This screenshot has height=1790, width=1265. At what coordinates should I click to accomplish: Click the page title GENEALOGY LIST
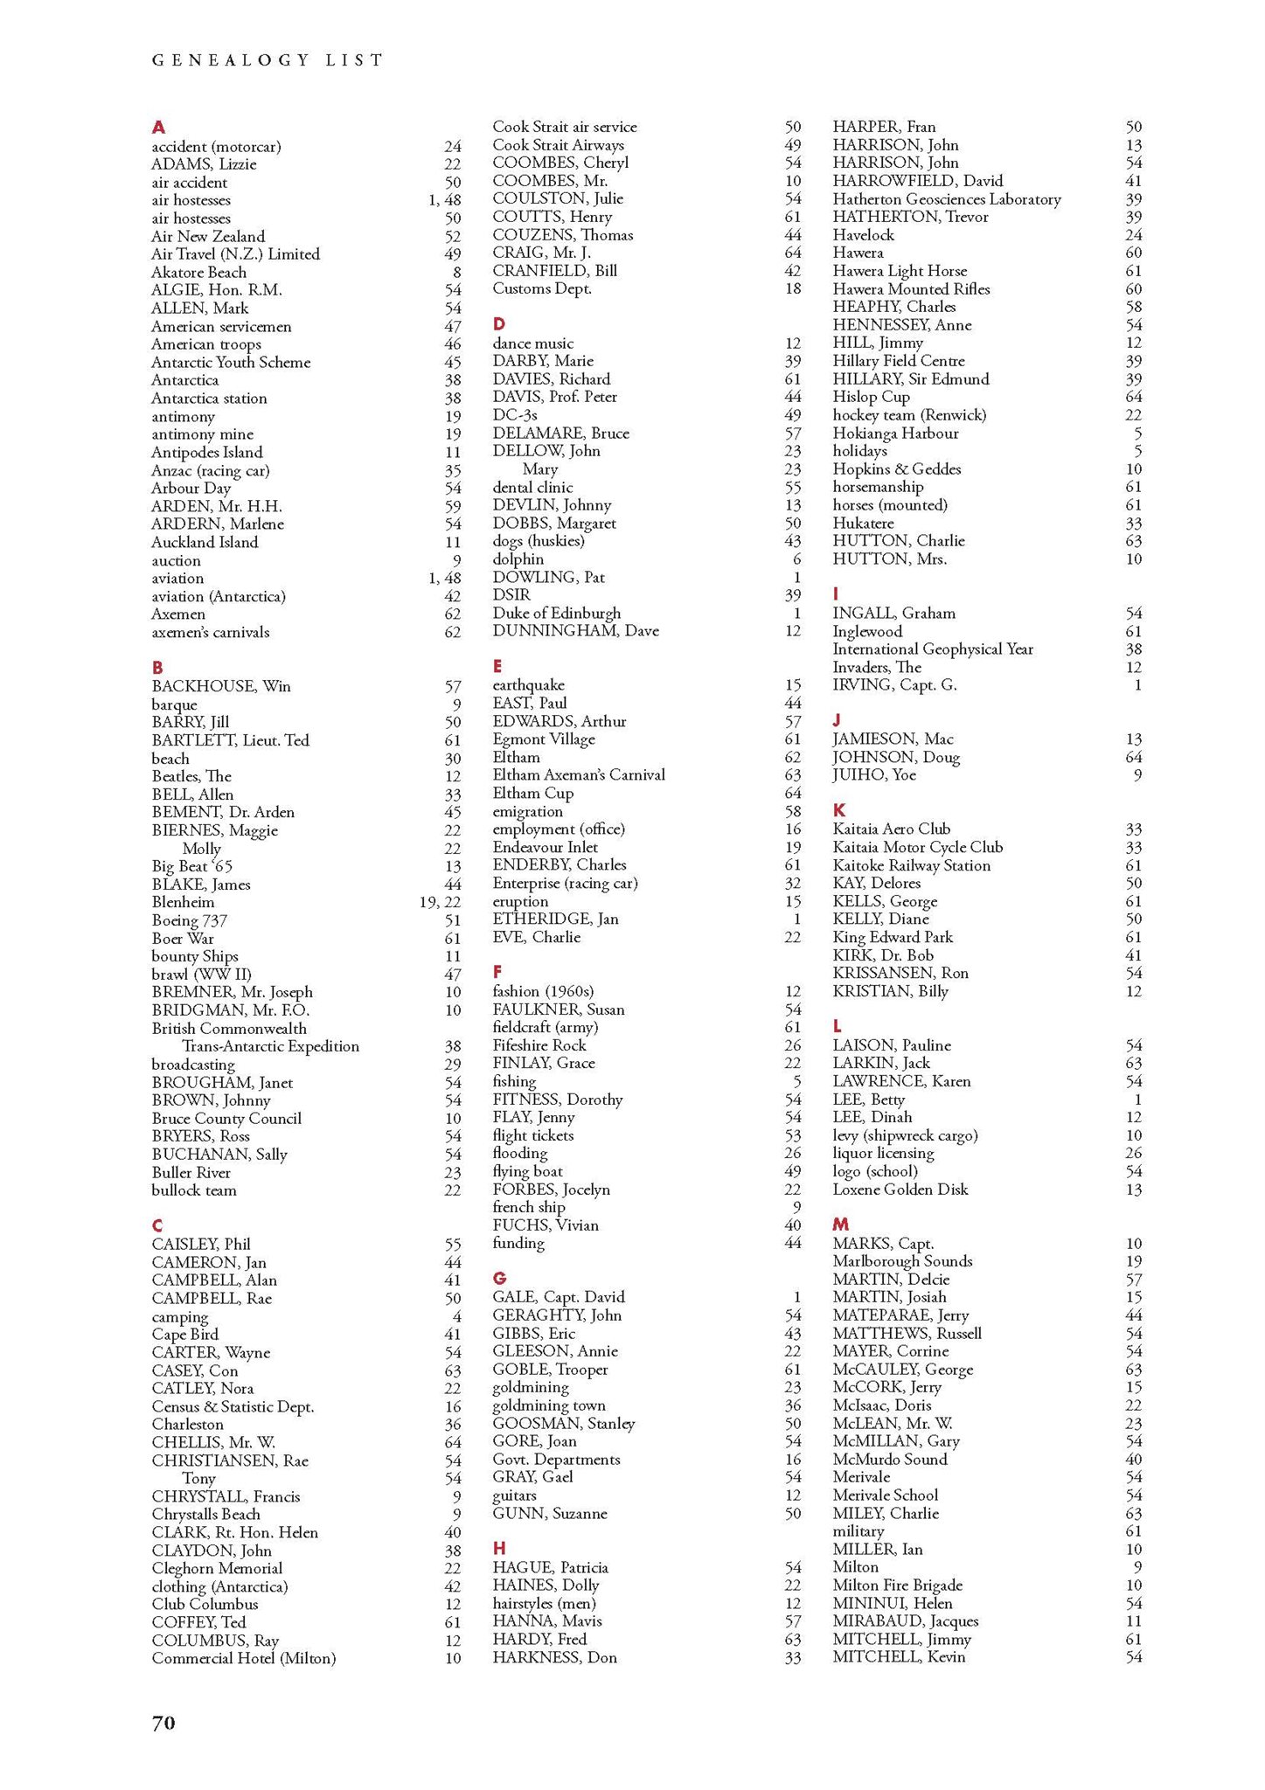pos(268,60)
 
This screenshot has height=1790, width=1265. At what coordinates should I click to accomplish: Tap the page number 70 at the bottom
pos(163,1722)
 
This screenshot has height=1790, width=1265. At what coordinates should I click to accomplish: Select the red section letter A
pos(158,128)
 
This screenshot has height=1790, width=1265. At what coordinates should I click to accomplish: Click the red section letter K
pos(839,810)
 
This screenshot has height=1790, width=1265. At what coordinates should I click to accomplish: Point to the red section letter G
pos(499,1278)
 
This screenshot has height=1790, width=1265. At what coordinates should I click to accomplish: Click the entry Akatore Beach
pos(198,272)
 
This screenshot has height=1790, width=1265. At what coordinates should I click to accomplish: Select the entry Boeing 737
pos(189,920)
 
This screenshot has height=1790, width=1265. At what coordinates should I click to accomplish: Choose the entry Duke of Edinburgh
pos(556,613)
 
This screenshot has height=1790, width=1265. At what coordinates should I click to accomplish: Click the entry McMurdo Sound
pos(890,1459)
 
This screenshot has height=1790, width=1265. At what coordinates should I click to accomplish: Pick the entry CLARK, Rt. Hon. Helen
pos(234,1532)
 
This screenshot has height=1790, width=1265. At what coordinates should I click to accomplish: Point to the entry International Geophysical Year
pos(933,649)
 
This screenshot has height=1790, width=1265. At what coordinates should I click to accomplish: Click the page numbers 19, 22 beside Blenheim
pos(440,902)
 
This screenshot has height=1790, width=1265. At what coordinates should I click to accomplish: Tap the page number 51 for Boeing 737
pos(452,920)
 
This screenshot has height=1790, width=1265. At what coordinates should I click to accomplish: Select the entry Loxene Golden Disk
pos(900,1189)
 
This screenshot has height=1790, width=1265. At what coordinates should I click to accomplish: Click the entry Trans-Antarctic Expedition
pos(270,1046)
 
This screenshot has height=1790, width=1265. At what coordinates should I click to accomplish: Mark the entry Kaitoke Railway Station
pos(911,865)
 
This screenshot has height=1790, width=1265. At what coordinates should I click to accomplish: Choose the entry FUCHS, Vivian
pos(546,1225)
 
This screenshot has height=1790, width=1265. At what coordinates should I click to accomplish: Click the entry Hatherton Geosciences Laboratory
pos(947,199)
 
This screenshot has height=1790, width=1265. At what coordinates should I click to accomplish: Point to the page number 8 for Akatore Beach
pos(456,272)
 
